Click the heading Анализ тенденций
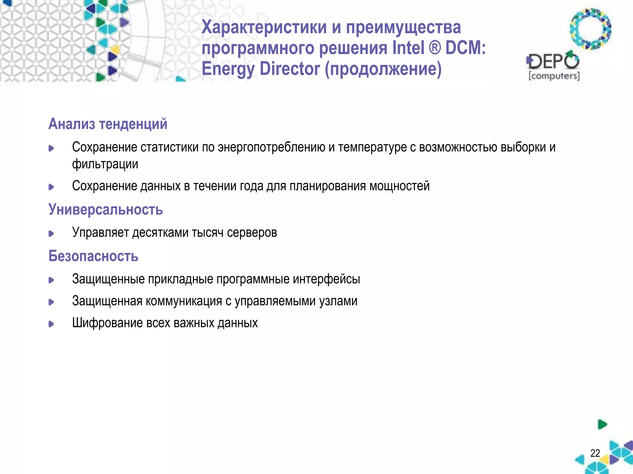tap(108, 124)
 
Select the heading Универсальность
tap(105, 210)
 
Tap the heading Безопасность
tap(93, 256)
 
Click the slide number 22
tap(595, 453)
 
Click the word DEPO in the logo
tap(553, 61)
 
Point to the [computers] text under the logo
tap(554, 76)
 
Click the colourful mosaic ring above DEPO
tap(590, 29)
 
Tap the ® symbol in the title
tap(435, 48)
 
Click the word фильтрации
tap(105, 164)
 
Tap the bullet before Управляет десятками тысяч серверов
tap(51, 234)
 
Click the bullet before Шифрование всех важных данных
tap(51, 324)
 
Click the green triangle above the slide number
tap(602, 424)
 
